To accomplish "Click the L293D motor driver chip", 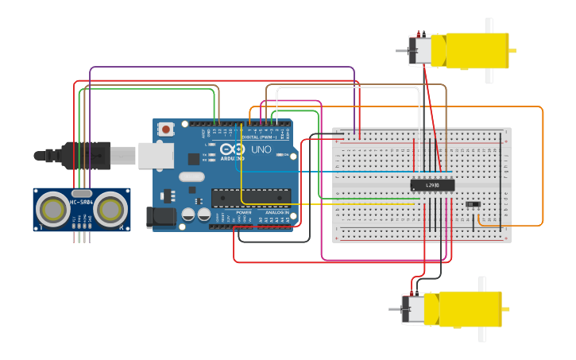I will point(432,185).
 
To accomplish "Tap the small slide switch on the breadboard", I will point(473,204).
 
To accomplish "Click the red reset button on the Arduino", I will point(165,129).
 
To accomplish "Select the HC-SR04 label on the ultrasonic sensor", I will point(82,202).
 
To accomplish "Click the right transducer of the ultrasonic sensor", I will point(111,210).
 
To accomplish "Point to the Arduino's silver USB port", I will point(155,155).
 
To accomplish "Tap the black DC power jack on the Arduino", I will point(161,217).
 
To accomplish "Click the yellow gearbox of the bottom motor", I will point(470,309).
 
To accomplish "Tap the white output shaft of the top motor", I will point(489,51).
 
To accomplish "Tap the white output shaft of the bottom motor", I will point(481,309).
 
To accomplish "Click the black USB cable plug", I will point(87,155).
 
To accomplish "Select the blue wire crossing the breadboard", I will point(373,171).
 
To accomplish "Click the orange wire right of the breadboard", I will point(543,167).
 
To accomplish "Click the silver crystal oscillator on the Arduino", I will point(191,176).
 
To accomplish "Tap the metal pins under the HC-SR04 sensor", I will point(82,236).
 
